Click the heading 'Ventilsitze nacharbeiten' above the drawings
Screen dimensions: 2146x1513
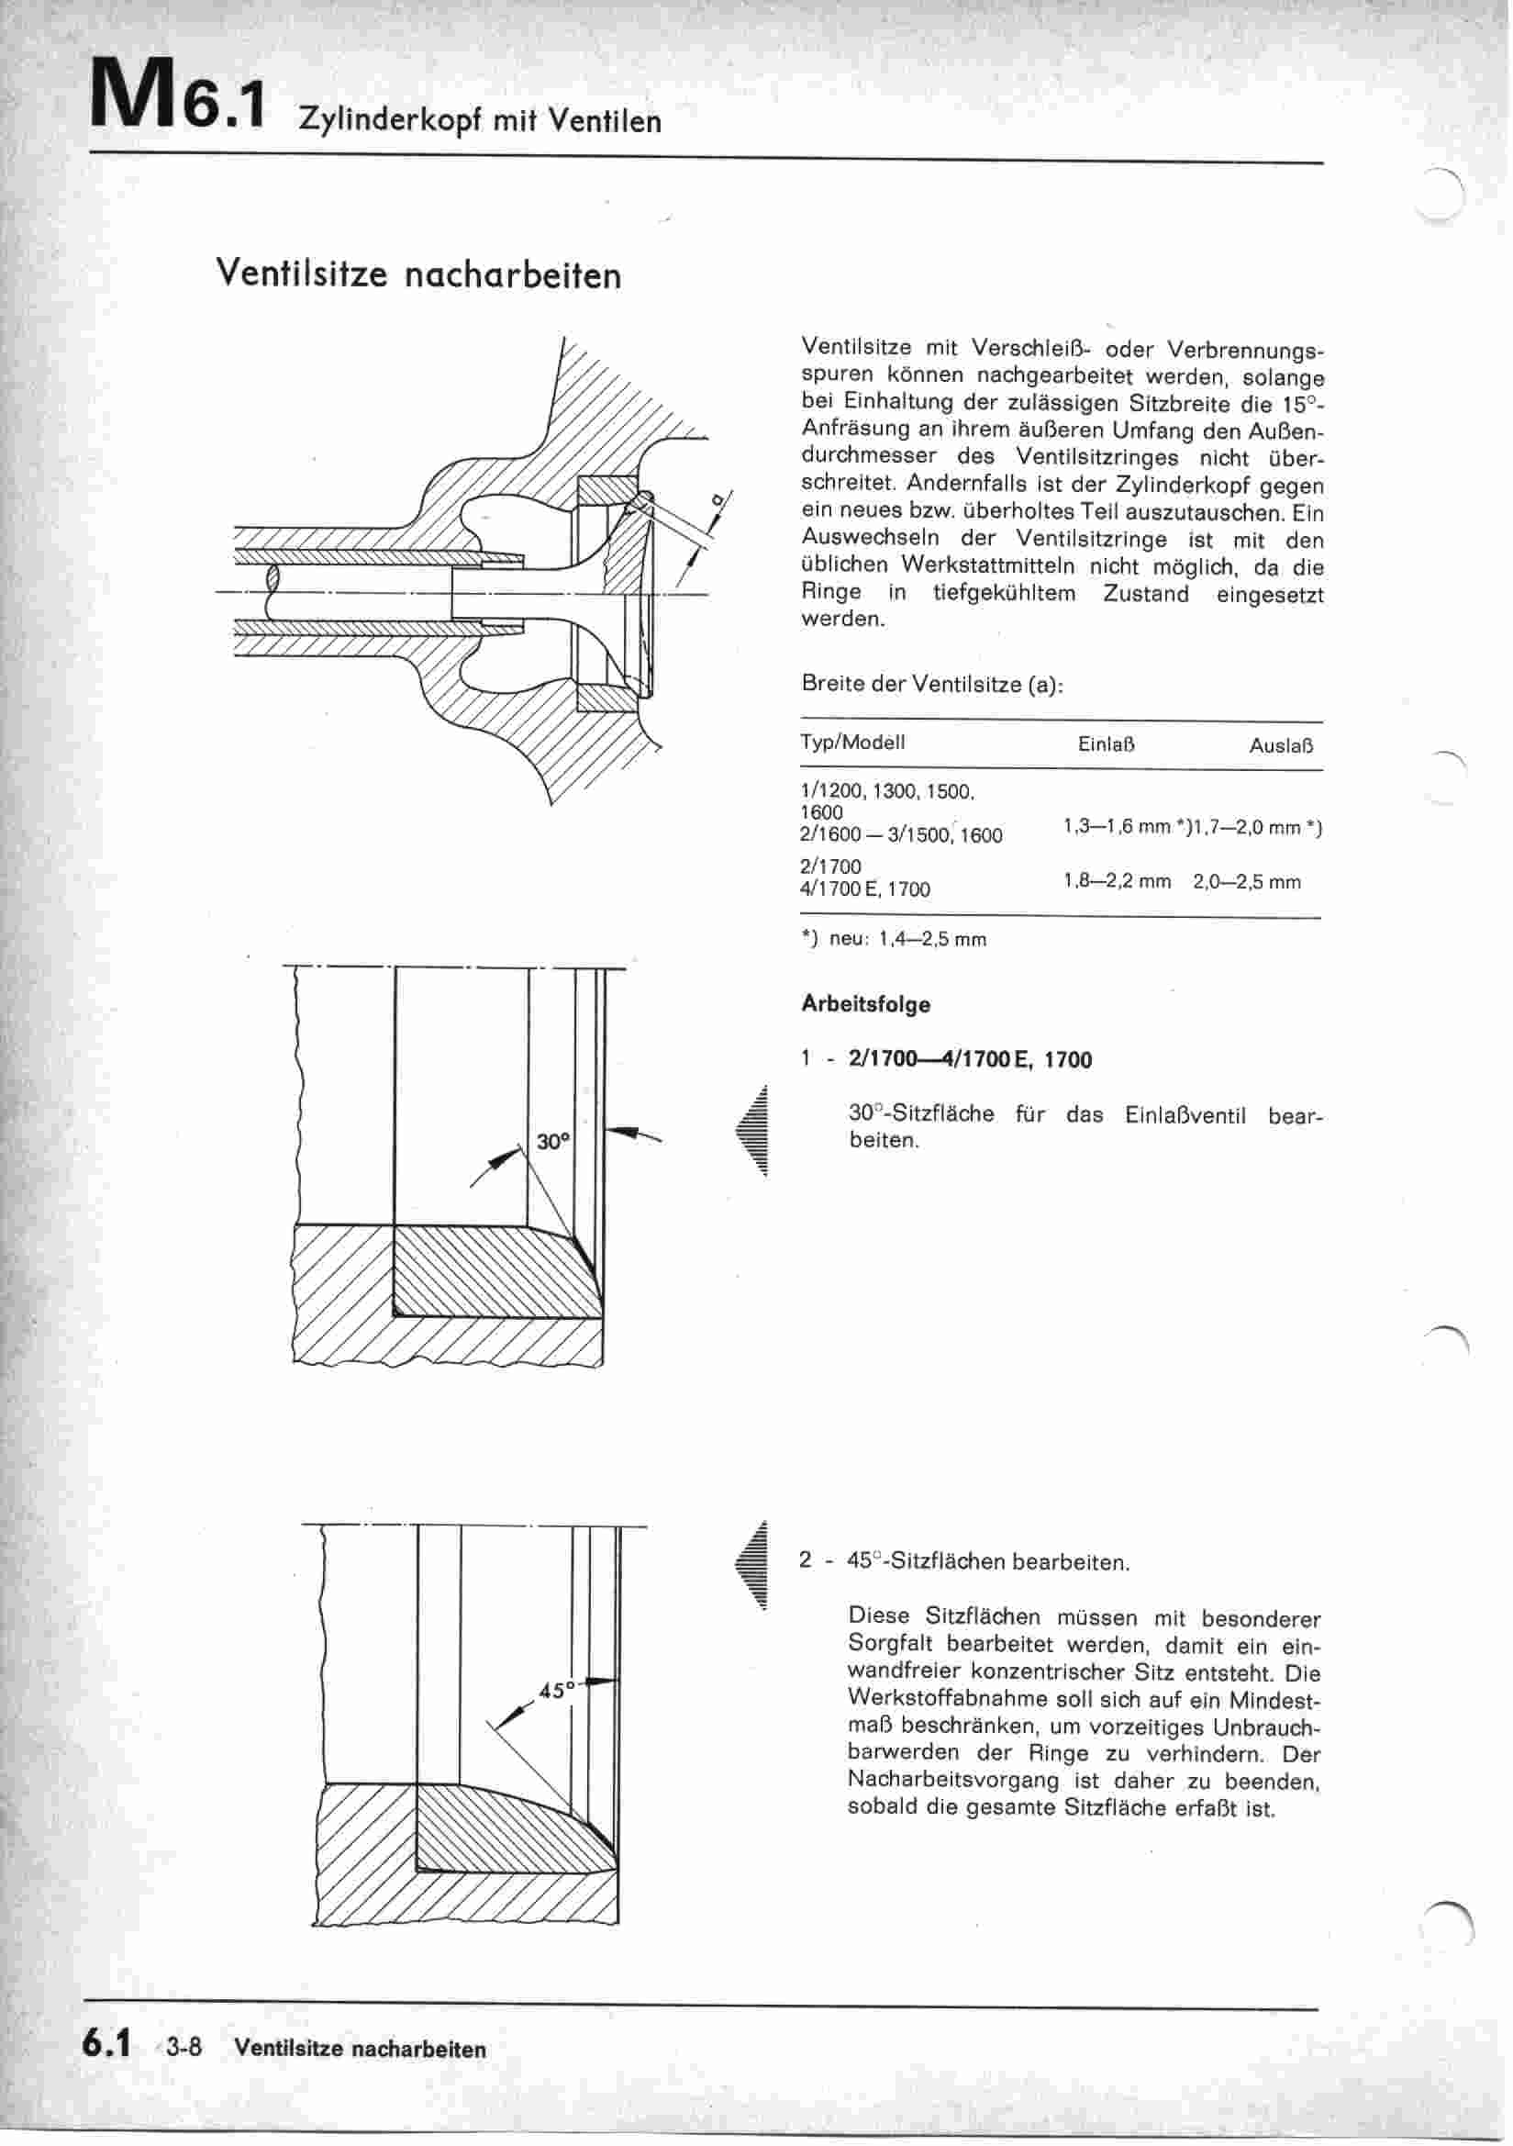point(417,274)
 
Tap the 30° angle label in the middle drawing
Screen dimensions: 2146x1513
point(553,1141)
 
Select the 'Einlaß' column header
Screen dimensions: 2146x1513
point(1107,745)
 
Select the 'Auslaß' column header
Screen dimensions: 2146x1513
point(1281,746)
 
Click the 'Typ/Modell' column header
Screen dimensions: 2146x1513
point(852,743)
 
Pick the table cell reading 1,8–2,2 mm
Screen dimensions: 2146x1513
point(1117,881)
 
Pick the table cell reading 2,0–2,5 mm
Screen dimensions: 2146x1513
point(1247,881)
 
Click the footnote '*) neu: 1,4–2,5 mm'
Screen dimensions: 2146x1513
point(894,938)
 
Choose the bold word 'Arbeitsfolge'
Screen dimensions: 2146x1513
point(865,1005)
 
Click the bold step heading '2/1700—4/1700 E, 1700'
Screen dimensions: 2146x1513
point(970,1060)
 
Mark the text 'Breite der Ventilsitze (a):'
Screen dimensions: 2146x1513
point(932,684)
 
